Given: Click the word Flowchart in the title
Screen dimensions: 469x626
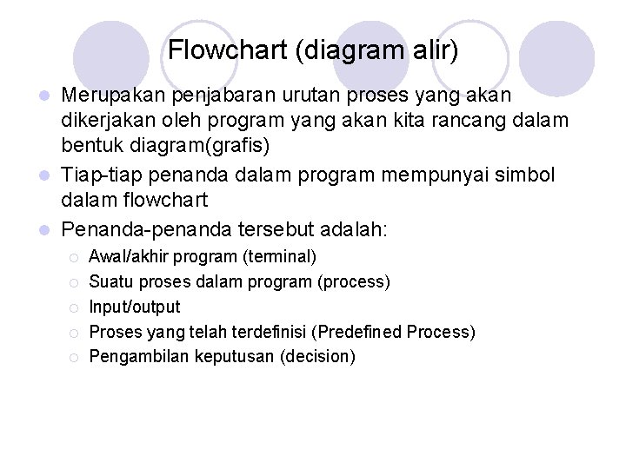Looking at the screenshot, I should (228, 50).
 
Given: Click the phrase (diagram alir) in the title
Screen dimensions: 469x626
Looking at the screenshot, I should (377, 50).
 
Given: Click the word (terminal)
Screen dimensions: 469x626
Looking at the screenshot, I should (280, 257).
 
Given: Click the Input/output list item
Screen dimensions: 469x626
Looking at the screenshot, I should (135, 307).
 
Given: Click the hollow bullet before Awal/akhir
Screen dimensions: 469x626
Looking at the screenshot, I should (75, 258).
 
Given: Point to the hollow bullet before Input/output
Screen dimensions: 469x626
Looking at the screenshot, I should (75, 307).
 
